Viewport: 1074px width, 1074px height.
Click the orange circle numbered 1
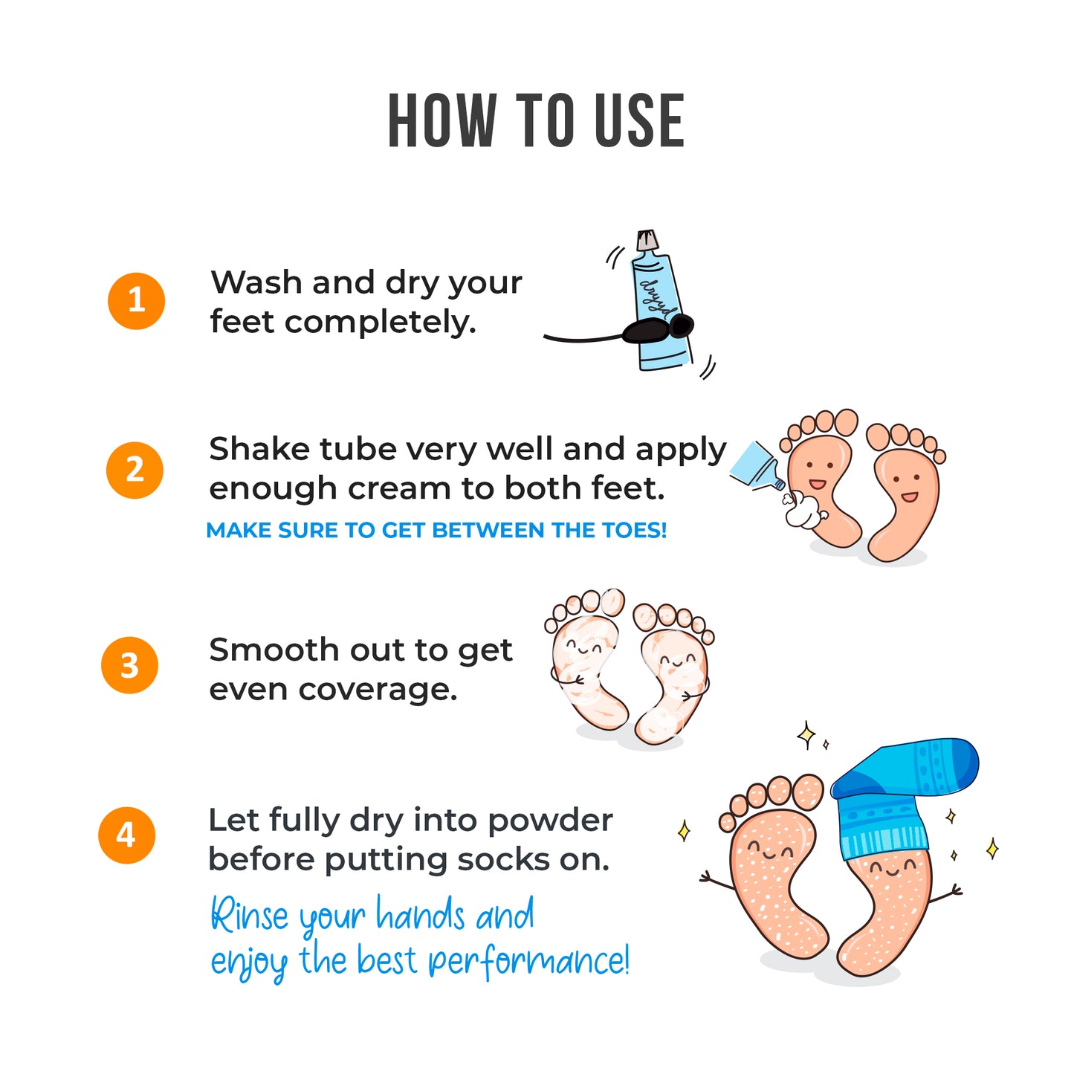(x=136, y=300)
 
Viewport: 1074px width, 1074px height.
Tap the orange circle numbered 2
(x=135, y=470)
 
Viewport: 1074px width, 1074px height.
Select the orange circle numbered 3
(x=129, y=665)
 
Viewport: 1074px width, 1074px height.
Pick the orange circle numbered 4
(x=126, y=835)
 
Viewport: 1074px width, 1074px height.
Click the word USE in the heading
(x=639, y=121)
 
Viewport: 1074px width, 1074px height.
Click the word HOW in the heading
(x=441, y=121)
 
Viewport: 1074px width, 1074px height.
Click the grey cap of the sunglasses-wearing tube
(x=647, y=239)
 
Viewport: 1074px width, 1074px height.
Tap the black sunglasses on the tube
(x=658, y=329)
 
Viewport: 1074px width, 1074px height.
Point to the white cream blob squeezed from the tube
(x=801, y=509)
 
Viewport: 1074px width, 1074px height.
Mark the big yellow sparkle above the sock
(x=806, y=737)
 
